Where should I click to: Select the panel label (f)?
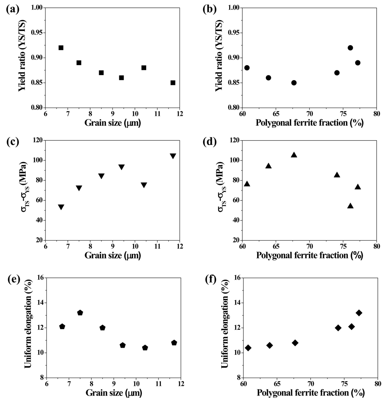tap(208, 280)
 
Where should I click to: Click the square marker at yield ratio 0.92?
tap(61, 48)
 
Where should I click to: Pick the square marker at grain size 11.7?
tap(173, 83)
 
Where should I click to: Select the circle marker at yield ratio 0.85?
tap(294, 83)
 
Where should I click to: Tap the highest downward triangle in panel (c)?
tap(173, 156)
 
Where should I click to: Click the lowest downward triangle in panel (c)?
tap(61, 207)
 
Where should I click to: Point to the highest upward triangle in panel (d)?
tap(294, 155)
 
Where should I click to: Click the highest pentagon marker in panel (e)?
tap(80, 313)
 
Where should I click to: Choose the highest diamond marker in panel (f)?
tap(359, 313)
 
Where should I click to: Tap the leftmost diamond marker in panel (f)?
tap(248, 348)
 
